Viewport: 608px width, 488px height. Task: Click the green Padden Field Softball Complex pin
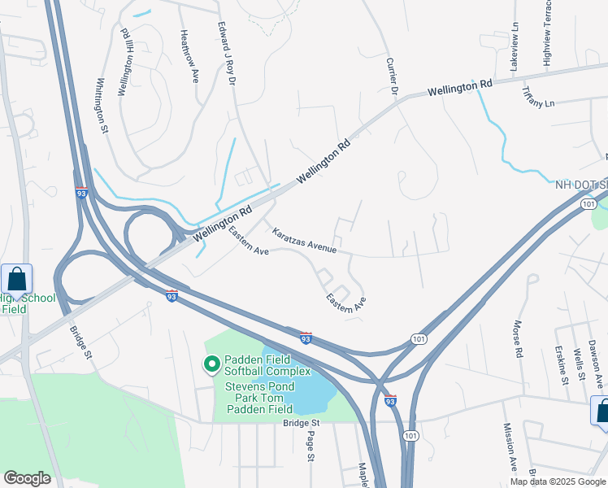coord(211,364)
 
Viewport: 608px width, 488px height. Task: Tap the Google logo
coord(27,478)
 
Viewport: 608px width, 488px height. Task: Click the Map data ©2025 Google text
coord(557,481)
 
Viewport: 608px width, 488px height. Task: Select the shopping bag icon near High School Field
coord(16,280)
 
